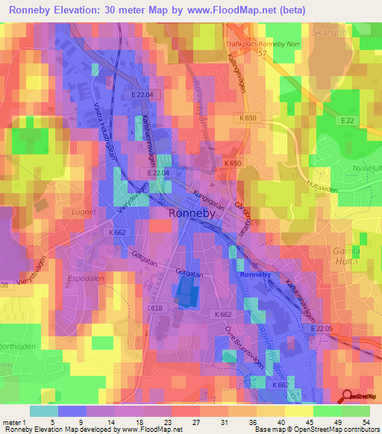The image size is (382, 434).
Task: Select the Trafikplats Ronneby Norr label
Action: tap(261, 43)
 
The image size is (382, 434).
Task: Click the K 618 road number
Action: tap(155, 308)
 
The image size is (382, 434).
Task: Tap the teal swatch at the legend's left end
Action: tap(43, 411)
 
